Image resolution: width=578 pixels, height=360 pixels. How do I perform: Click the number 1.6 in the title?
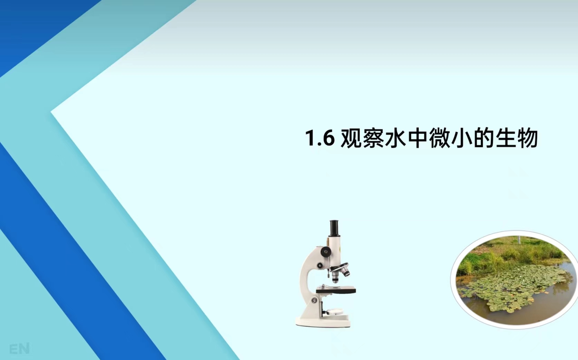(320, 138)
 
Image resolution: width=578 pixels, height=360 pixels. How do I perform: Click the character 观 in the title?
(351, 138)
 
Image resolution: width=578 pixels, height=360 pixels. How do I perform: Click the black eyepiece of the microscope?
(334, 228)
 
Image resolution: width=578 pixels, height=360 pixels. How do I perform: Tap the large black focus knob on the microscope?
(326, 251)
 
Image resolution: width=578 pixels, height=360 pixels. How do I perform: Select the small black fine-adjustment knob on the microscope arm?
(320, 265)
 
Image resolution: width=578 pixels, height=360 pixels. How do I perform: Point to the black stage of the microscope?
(336, 290)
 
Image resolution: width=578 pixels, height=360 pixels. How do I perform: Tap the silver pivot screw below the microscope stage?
(314, 300)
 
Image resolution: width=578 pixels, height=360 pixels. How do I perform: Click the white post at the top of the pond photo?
(518, 239)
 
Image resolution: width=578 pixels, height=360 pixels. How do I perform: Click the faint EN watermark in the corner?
(19, 349)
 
